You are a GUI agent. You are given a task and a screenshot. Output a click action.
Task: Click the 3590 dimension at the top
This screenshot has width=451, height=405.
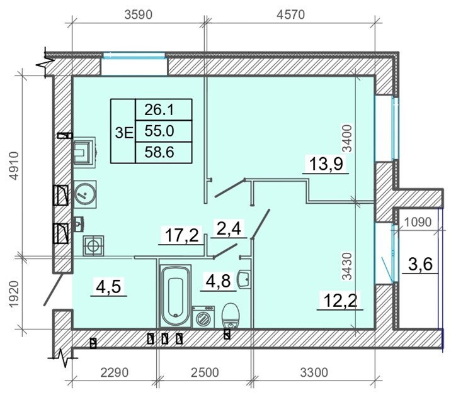point(138,14)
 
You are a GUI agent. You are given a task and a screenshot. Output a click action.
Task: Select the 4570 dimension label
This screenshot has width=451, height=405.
point(290,14)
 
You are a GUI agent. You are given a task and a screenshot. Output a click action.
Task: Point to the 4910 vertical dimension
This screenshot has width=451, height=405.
point(14,166)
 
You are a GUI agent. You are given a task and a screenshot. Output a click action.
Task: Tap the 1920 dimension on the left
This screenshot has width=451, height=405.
point(14,294)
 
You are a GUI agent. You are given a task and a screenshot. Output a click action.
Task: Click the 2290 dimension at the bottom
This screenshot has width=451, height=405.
point(114,372)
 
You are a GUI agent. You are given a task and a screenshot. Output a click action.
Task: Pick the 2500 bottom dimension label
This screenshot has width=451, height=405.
point(205,372)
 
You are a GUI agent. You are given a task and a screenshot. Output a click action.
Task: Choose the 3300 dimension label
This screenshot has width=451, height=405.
point(314,372)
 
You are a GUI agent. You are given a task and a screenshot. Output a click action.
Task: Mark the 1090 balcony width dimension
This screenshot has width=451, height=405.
point(418,222)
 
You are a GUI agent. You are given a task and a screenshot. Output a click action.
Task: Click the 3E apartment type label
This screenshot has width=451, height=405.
point(124,133)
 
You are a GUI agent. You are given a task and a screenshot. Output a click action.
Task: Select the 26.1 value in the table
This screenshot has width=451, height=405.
point(159,109)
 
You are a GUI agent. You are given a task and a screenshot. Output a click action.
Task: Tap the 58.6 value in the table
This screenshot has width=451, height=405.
point(159,152)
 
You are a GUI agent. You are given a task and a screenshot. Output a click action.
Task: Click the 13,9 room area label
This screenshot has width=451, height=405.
point(326,165)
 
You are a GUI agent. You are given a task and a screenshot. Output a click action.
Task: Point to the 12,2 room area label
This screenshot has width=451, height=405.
point(340,301)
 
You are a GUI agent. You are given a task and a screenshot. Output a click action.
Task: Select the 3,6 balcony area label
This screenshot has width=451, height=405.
point(420,264)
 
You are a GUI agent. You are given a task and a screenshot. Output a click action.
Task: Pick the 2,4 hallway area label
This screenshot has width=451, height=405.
point(229,229)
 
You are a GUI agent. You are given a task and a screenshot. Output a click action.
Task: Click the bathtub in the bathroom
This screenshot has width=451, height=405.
point(176,296)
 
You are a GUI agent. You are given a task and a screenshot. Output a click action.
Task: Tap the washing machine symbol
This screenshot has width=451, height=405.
point(203,317)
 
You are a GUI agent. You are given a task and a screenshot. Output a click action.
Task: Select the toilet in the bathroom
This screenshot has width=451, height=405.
point(231,315)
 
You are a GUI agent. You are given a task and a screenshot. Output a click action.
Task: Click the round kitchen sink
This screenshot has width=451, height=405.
point(85,194)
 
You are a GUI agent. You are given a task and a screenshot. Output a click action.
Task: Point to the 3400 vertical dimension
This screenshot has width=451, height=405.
point(348,138)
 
